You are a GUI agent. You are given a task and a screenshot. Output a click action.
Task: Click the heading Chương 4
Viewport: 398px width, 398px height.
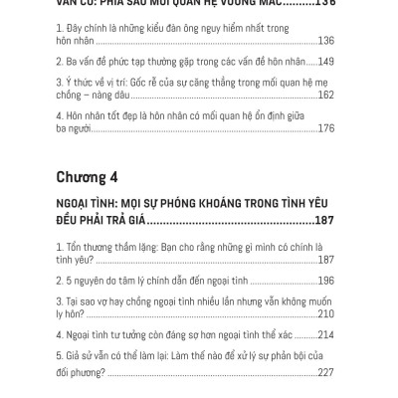(88, 178)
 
